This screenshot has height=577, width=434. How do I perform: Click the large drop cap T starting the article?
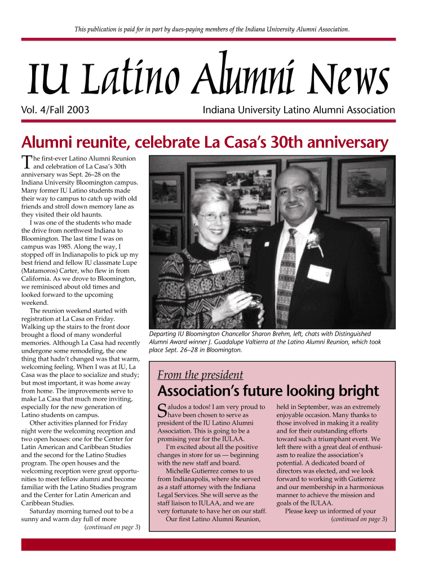pos(26,163)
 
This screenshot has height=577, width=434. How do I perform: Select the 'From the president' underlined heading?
pos(200,375)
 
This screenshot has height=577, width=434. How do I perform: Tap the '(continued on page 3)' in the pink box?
pos(358,519)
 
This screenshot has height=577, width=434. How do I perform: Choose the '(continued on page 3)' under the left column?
pos(112,527)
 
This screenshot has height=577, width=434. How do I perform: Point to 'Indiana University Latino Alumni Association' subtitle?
pos(299,111)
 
